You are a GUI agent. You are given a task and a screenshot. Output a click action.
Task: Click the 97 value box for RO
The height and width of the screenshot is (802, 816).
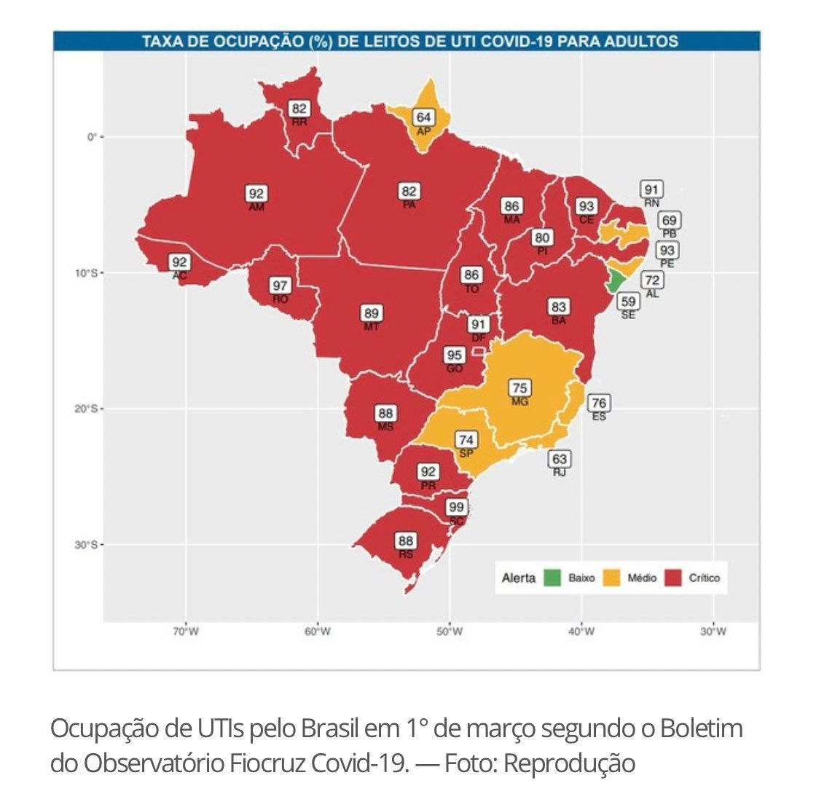click(280, 286)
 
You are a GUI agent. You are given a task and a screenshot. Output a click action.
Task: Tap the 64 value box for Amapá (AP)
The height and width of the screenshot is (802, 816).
click(423, 117)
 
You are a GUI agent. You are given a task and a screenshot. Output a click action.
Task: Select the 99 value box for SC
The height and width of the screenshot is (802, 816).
click(457, 507)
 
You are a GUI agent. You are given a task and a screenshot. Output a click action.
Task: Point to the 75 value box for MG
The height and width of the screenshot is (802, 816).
click(520, 388)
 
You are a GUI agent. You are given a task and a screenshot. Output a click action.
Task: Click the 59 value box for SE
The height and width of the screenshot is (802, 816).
click(627, 301)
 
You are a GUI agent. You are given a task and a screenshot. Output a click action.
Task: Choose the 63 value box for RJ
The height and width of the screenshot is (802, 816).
click(560, 459)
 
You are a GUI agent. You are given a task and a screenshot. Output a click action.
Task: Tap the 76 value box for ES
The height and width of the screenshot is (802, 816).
click(599, 403)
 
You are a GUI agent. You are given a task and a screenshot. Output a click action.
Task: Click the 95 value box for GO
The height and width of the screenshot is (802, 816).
click(455, 355)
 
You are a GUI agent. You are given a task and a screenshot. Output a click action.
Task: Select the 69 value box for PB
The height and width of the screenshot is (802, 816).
click(669, 220)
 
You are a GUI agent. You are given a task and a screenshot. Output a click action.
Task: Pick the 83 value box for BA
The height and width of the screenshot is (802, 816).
click(559, 307)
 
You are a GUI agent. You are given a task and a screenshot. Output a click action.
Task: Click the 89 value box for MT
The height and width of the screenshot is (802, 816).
click(372, 313)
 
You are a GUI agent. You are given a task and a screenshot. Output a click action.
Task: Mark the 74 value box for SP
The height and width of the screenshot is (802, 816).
click(466, 440)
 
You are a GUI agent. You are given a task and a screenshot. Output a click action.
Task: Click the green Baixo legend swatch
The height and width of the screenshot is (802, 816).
click(553, 578)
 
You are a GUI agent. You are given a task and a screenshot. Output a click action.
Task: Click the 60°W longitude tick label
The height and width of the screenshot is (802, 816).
click(318, 632)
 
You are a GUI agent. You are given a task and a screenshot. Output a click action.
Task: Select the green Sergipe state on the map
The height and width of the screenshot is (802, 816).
click(616, 280)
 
